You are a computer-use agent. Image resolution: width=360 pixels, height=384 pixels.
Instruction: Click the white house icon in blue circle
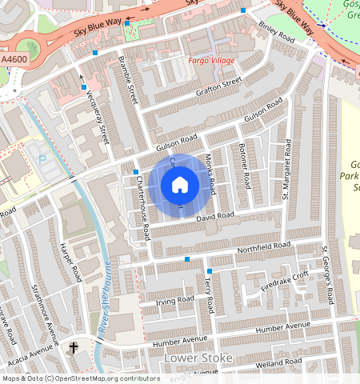tap(180, 186)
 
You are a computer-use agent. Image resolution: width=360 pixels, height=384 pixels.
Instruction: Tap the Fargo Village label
tap(210, 61)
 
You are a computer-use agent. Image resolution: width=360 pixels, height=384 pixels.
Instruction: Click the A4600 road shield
tap(14, 59)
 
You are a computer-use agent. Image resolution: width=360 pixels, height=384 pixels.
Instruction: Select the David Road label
tap(214, 216)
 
